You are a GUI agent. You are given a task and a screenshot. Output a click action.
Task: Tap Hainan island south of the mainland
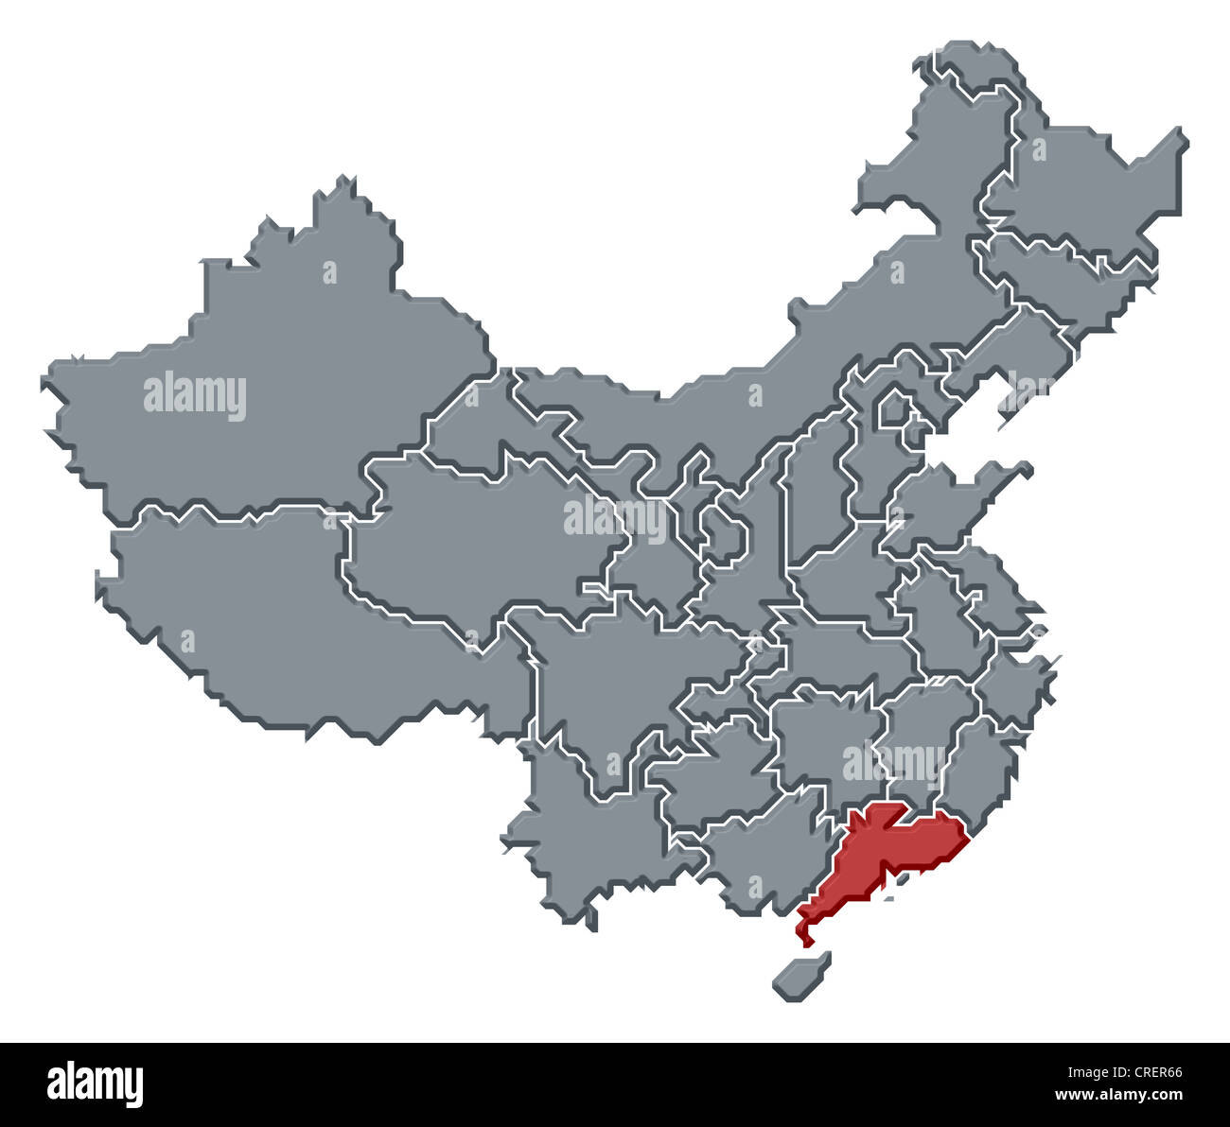coord(799,976)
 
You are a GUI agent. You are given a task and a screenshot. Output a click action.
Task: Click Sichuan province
coord(615,681)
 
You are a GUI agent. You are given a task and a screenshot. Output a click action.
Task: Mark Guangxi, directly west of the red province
coord(757,851)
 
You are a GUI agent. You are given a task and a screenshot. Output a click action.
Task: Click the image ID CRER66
coord(1151,1073)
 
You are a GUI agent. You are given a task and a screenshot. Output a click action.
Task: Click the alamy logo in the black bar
coord(95,1084)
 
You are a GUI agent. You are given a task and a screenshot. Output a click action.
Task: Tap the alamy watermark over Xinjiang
coord(195,396)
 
